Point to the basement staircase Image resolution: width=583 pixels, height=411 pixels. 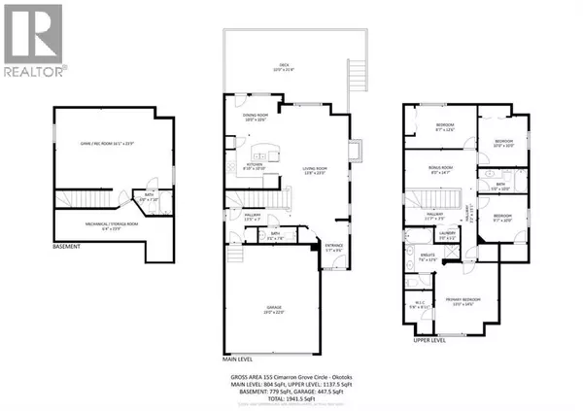(x=66, y=218)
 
